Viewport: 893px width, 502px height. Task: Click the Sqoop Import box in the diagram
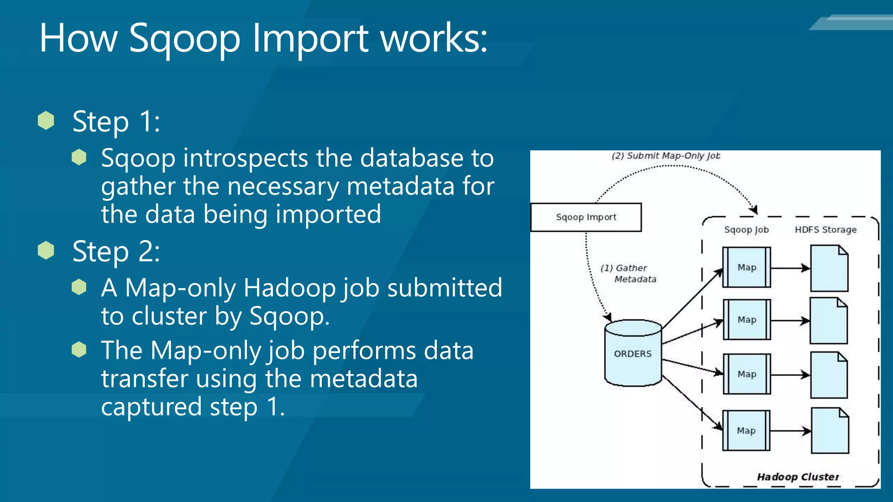coord(586,217)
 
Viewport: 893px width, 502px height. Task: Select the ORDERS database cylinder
coord(633,353)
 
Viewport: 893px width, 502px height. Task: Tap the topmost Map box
coord(746,267)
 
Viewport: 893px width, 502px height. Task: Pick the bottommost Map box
coord(746,431)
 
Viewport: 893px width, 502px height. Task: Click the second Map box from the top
coord(746,319)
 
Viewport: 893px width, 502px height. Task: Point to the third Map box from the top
coord(746,374)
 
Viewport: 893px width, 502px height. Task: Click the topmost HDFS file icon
coord(829,268)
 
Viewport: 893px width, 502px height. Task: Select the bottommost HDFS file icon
coord(830,431)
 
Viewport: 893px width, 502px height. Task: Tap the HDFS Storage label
coord(825,230)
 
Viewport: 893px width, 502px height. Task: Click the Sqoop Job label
coord(746,230)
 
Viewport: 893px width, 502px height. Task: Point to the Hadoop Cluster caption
coord(798,477)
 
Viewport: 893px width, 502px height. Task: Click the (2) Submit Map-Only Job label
coord(665,156)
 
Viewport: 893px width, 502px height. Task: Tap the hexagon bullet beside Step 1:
coord(46,121)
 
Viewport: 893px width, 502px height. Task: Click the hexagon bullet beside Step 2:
coord(46,251)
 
